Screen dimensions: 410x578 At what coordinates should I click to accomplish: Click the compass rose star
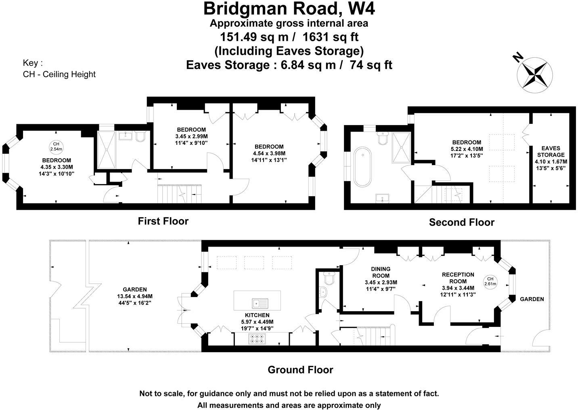[535, 74]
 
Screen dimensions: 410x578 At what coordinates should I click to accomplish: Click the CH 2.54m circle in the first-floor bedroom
[56, 146]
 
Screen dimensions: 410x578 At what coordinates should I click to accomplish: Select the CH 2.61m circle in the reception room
[491, 281]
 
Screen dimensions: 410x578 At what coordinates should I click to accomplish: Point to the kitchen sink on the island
[258, 302]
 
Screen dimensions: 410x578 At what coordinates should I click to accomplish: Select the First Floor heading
[163, 221]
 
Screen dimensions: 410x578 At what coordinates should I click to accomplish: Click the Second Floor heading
[461, 222]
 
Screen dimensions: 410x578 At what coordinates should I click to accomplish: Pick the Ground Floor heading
[300, 370]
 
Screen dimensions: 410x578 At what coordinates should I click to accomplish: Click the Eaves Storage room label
[551, 151]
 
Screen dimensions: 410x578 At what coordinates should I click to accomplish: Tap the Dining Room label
[381, 272]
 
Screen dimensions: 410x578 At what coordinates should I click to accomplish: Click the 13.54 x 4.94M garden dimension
[135, 296]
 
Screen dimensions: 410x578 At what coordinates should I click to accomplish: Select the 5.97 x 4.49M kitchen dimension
[257, 322]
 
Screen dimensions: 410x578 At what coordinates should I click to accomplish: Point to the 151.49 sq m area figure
[254, 37]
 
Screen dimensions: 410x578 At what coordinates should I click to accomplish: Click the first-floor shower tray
[106, 150]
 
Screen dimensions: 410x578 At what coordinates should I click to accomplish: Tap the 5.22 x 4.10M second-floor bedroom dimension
[467, 149]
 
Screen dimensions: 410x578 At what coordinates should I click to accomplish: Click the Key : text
[33, 63]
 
